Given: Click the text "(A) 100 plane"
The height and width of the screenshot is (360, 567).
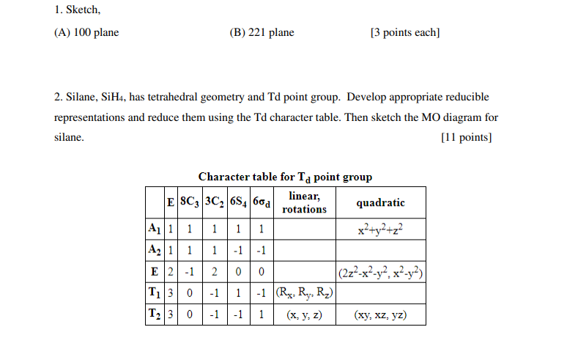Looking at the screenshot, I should (86, 32).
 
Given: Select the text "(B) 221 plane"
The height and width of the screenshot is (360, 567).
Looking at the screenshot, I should (262, 32).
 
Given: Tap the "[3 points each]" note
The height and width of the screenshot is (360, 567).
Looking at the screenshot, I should (405, 32).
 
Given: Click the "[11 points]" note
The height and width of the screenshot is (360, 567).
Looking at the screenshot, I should (466, 138).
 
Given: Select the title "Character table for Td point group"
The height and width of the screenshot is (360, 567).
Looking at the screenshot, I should (285, 177).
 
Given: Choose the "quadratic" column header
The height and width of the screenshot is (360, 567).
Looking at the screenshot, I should (380, 202).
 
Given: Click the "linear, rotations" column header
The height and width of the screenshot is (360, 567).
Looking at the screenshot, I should (305, 202).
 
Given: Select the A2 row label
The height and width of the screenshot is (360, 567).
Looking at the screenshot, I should (154, 250).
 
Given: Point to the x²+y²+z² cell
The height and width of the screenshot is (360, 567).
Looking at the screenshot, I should (380, 229).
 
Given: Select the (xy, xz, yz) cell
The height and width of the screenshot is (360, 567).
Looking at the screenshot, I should (380, 316).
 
